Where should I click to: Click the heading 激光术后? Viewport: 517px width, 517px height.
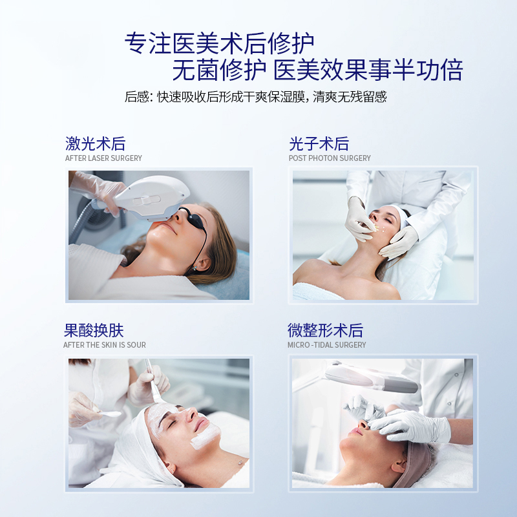tap(95, 143)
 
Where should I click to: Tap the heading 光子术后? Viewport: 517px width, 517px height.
tap(319, 143)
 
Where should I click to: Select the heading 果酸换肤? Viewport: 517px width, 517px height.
tap(94, 330)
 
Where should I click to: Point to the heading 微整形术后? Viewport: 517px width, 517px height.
tap(325, 330)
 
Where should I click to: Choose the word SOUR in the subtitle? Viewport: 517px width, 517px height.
tap(136, 345)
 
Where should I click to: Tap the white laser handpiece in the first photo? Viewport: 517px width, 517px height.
tap(149, 197)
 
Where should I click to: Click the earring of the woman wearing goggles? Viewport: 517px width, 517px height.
tap(195, 268)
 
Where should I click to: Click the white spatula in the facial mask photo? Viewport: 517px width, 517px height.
tap(108, 413)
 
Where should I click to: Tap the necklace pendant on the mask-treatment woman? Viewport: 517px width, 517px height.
tap(240, 462)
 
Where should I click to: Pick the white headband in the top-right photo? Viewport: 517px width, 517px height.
tap(398, 216)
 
